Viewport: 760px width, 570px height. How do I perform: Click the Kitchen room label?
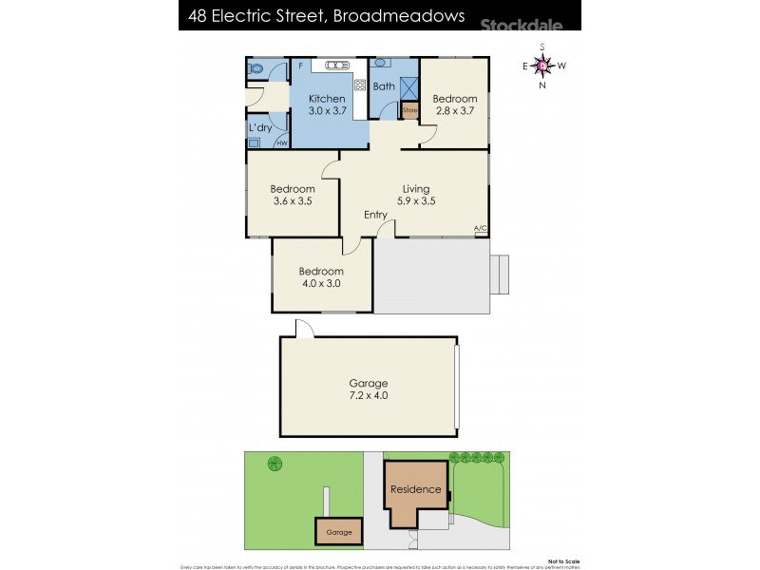(x=326, y=99)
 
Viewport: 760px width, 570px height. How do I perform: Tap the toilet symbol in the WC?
(x=256, y=69)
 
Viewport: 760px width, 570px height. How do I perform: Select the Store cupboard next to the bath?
(x=409, y=111)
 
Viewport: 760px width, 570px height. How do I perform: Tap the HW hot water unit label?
(x=282, y=143)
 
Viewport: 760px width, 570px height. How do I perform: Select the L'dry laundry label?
(x=261, y=127)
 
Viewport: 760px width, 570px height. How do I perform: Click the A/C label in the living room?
(x=480, y=228)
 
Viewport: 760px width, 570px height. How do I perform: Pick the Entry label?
(x=375, y=215)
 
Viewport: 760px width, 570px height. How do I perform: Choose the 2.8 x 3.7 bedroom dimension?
(x=454, y=111)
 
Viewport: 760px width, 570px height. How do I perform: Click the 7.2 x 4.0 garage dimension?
(x=369, y=395)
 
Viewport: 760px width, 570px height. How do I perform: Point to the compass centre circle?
(x=542, y=66)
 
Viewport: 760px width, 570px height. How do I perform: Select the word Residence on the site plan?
(x=414, y=489)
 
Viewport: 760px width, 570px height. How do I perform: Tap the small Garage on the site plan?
(x=339, y=532)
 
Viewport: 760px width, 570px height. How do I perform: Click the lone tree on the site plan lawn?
(x=275, y=464)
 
